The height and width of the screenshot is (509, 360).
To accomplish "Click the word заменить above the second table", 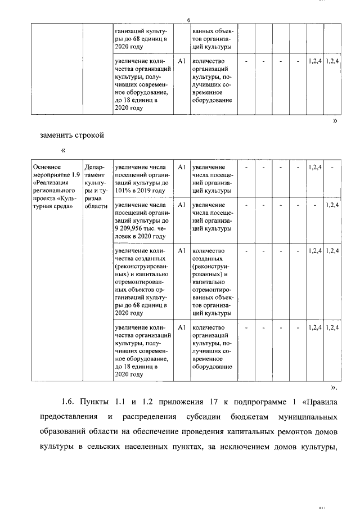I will coord(58,135).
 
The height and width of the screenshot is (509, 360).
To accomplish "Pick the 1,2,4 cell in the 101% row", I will coord(315,167).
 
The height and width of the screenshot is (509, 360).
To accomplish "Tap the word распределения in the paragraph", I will coord(148,418).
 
